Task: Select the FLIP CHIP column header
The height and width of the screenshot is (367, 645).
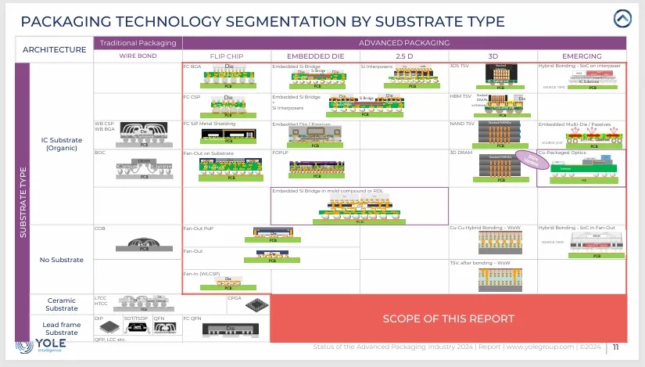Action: point(226,56)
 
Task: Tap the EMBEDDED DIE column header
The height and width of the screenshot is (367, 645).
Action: point(314,56)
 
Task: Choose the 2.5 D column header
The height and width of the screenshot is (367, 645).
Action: point(403,56)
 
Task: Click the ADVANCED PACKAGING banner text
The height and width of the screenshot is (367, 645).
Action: point(403,42)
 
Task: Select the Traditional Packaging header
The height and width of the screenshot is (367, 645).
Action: point(138,42)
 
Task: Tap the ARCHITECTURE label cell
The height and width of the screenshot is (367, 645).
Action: point(55,49)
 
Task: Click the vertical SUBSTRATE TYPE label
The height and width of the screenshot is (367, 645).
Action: point(23,202)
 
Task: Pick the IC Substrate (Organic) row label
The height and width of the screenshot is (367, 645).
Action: point(61,144)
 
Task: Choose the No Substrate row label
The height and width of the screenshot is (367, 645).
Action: point(61,259)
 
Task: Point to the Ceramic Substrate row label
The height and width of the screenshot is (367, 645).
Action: point(61,304)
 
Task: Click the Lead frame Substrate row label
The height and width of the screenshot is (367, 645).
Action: point(61,329)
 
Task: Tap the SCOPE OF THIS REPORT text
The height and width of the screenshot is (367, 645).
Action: point(448,318)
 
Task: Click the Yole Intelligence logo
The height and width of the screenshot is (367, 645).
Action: point(40,347)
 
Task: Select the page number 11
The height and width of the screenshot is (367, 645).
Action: point(616,347)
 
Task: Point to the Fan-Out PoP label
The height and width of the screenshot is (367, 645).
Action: point(199,228)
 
